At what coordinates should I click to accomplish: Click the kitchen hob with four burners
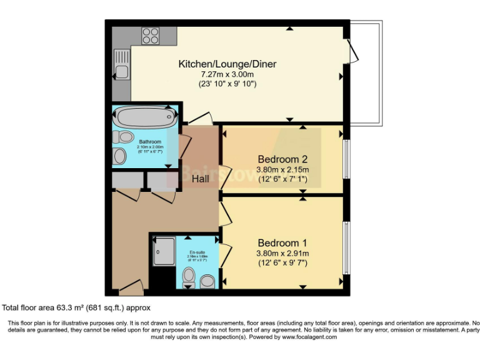tap(150, 36)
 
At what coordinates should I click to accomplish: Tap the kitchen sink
tap(121, 66)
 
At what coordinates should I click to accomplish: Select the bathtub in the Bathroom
tap(144, 117)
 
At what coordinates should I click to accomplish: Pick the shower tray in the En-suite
tap(164, 252)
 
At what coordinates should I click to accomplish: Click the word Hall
tap(201, 179)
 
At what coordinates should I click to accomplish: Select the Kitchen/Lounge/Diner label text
tap(227, 64)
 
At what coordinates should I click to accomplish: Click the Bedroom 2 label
tap(283, 159)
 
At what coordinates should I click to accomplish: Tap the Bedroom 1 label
tap(283, 242)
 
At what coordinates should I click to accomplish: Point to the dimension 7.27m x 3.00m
tap(227, 74)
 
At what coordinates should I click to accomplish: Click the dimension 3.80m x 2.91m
tap(283, 253)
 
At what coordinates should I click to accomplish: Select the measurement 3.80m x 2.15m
tap(283, 169)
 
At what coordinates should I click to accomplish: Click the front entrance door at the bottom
tap(131, 289)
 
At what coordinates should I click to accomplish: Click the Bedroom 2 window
tap(346, 159)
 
